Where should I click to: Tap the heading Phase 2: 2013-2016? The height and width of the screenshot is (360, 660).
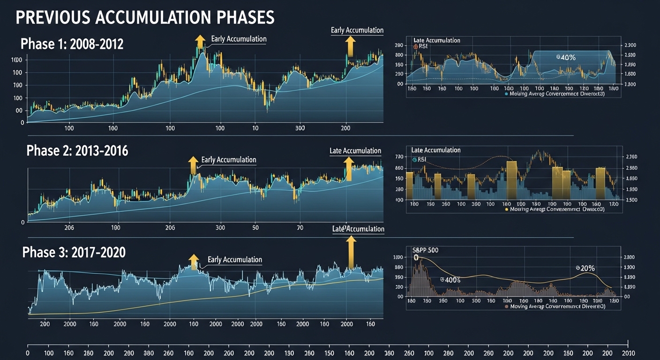pyautogui.click(x=77, y=150)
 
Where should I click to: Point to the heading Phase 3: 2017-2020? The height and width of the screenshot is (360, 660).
pyautogui.click(x=74, y=252)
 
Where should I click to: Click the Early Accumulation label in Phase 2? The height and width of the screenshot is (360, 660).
pyautogui.click(x=229, y=160)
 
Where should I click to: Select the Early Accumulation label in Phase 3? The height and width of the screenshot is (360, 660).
pyautogui.click(x=235, y=260)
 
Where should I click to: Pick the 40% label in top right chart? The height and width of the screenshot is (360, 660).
pyautogui.click(x=566, y=57)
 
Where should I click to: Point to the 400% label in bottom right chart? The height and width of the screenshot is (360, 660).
pyautogui.click(x=450, y=279)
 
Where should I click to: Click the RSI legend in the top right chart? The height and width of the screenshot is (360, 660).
pyautogui.click(x=419, y=46)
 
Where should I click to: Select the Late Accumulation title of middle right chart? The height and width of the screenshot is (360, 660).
pyautogui.click(x=435, y=150)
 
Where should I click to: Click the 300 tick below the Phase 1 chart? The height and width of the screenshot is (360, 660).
pyautogui.click(x=300, y=127)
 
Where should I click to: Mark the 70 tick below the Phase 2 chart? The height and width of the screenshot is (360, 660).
pyautogui.click(x=300, y=228)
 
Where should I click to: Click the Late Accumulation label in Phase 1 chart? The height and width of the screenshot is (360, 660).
pyautogui.click(x=357, y=30)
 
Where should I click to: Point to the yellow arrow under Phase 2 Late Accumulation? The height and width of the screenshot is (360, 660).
pyautogui.click(x=348, y=169)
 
